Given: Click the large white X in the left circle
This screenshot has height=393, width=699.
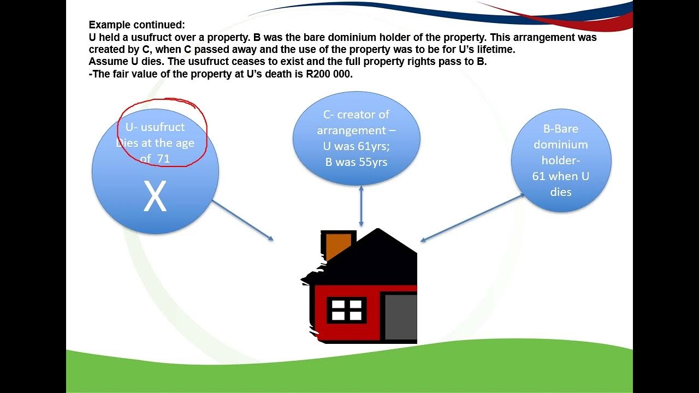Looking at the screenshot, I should pos(155,197).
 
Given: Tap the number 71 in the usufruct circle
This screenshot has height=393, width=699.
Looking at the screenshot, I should pos(163,159).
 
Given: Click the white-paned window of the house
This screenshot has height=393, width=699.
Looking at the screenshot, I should pos(346,309).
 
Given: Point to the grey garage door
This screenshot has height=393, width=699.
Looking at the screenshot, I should pos(400,317).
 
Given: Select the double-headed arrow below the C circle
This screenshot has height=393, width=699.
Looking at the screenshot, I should pos(361,206).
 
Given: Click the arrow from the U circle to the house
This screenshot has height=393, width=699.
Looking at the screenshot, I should pos(242,220).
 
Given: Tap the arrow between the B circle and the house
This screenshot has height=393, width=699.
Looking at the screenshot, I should pos(473,217).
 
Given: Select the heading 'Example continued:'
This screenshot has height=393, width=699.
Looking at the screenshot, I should pos(137,25).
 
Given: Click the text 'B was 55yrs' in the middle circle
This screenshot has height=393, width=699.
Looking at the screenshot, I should pos(356,162).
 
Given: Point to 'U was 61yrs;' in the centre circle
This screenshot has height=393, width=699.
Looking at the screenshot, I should pos(356,146).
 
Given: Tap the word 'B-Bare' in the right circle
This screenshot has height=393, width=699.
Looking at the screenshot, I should pos(560,129).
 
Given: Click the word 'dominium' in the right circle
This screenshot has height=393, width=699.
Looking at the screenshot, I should pos(560,145).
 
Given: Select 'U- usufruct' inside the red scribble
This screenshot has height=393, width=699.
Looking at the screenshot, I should pos(155,127).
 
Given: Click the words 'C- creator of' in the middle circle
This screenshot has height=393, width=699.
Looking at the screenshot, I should pos(356,115).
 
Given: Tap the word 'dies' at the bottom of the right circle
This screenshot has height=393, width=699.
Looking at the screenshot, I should pos(561,192).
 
